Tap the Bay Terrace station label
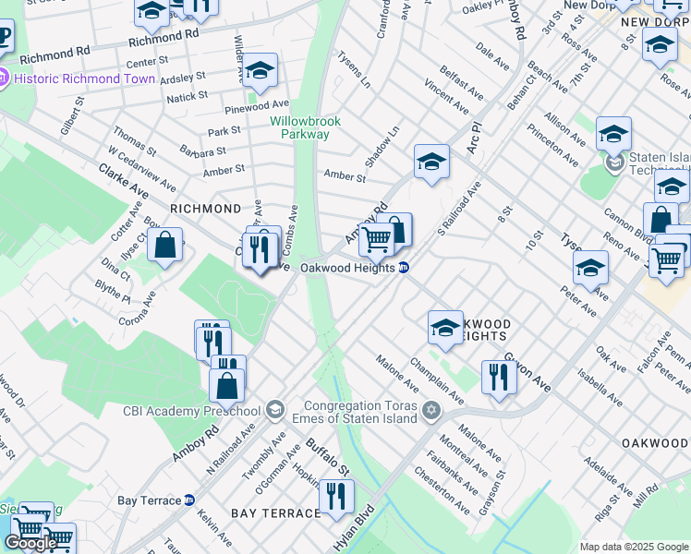[x=150, y=500]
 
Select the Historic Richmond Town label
[x=84, y=78]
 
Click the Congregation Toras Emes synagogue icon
[x=430, y=410]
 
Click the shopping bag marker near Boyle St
[x=164, y=246]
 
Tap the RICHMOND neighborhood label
[x=205, y=209]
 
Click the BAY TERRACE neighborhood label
[x=269, y=512]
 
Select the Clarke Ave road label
[x=124, y=181]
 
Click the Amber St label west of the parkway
[x=224, y=169]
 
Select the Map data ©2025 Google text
[x=633, y=547]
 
